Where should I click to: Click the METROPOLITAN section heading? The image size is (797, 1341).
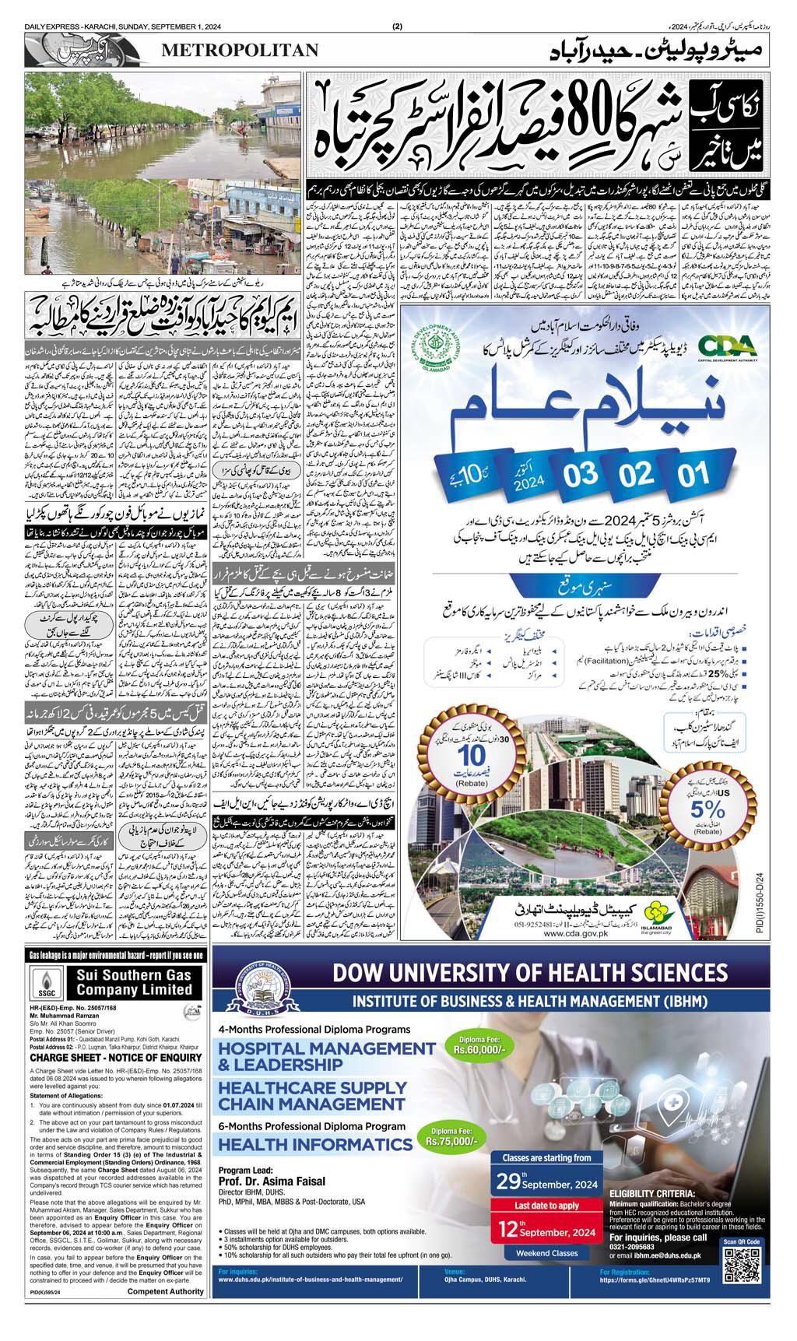[240, 51]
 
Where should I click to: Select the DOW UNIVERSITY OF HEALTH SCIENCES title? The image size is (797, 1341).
[529, 974]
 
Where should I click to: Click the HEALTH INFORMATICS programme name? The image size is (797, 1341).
[314, 1144]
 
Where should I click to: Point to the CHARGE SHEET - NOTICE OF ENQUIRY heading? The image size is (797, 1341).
[116, 1058]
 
